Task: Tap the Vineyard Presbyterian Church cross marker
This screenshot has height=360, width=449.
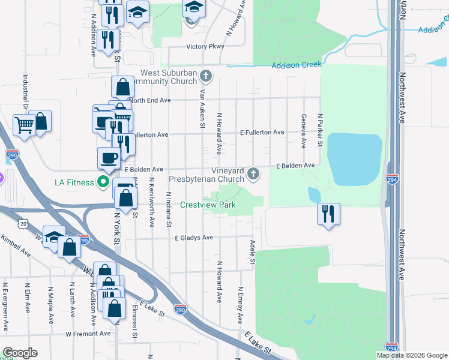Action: (253, 174)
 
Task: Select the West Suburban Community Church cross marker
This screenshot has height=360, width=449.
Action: (206, 76)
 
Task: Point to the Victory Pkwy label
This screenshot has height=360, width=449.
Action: (205, 46)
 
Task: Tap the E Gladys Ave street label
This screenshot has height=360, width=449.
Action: (194, 238)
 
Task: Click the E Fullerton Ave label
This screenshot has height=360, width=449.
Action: (262, 132)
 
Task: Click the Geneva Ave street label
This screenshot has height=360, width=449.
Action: (304, 130)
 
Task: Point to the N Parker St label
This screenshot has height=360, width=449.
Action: (321, 130)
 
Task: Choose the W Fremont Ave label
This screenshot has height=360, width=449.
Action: (88, 334)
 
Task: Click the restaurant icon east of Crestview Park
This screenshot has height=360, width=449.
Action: (328, 214)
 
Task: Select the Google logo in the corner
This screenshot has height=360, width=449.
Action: (20, 353)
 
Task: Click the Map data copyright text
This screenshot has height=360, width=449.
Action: (411, 355)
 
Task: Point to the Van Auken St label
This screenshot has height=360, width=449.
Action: (203, 109)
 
